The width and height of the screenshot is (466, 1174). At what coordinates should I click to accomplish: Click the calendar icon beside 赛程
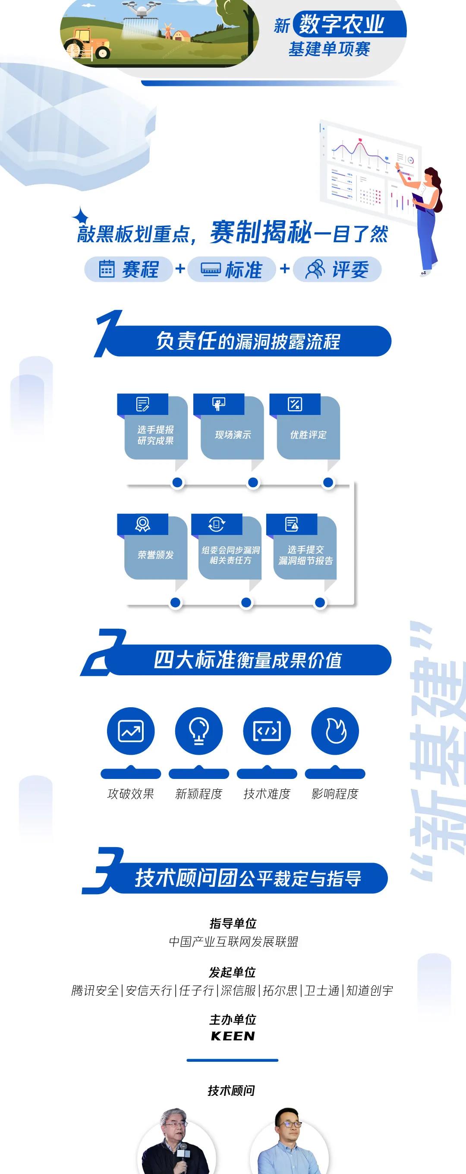tap(107, 269)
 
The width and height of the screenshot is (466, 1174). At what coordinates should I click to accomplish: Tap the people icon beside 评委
tap(315, 269)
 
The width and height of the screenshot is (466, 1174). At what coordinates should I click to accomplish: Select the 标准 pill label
tap(232, 269)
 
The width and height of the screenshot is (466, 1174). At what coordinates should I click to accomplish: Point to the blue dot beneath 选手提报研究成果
tap(178, 482)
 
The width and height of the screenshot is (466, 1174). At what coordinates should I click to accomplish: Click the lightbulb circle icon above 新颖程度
tap(199, 731)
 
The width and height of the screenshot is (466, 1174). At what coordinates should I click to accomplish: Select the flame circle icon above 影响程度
tap(335, 731)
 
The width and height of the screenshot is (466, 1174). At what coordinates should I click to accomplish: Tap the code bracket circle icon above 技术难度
tap(267, 731)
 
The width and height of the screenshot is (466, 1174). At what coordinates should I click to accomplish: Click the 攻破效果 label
tap(131, 794)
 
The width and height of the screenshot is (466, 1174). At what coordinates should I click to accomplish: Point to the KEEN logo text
tap(233, 1036)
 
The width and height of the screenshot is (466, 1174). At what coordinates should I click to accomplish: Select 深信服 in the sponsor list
tap(238, 990)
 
